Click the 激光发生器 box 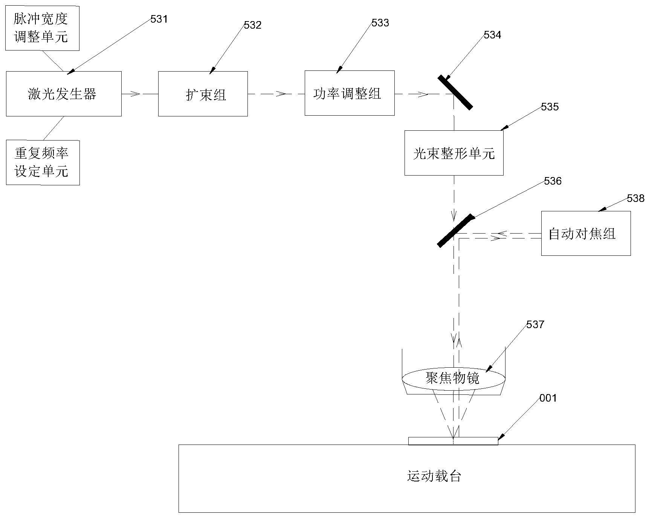click(x=63, y=93)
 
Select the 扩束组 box click(x=203, y=94)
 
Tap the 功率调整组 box click(x=349, y=93)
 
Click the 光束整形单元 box click(x=454, y=153)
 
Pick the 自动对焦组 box click(x=585, y=233)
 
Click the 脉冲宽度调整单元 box click(x=42, y=28)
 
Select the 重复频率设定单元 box click(x=43, y=162)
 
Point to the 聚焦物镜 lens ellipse click(x=453, y=377)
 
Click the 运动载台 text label click(x=434, y=476)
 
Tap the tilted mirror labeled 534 click(x=455, y=92)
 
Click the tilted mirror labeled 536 click(x=455, y=231)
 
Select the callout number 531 click(x=159, y=19)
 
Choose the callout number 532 click(x=252, y=25)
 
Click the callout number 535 click(x=550, y=107)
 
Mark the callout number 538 click(x=635, y=198)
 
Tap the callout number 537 click(x=535, y=324)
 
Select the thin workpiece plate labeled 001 click(x=453, y=441)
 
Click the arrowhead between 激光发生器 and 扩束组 click(x=136, y=94)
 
